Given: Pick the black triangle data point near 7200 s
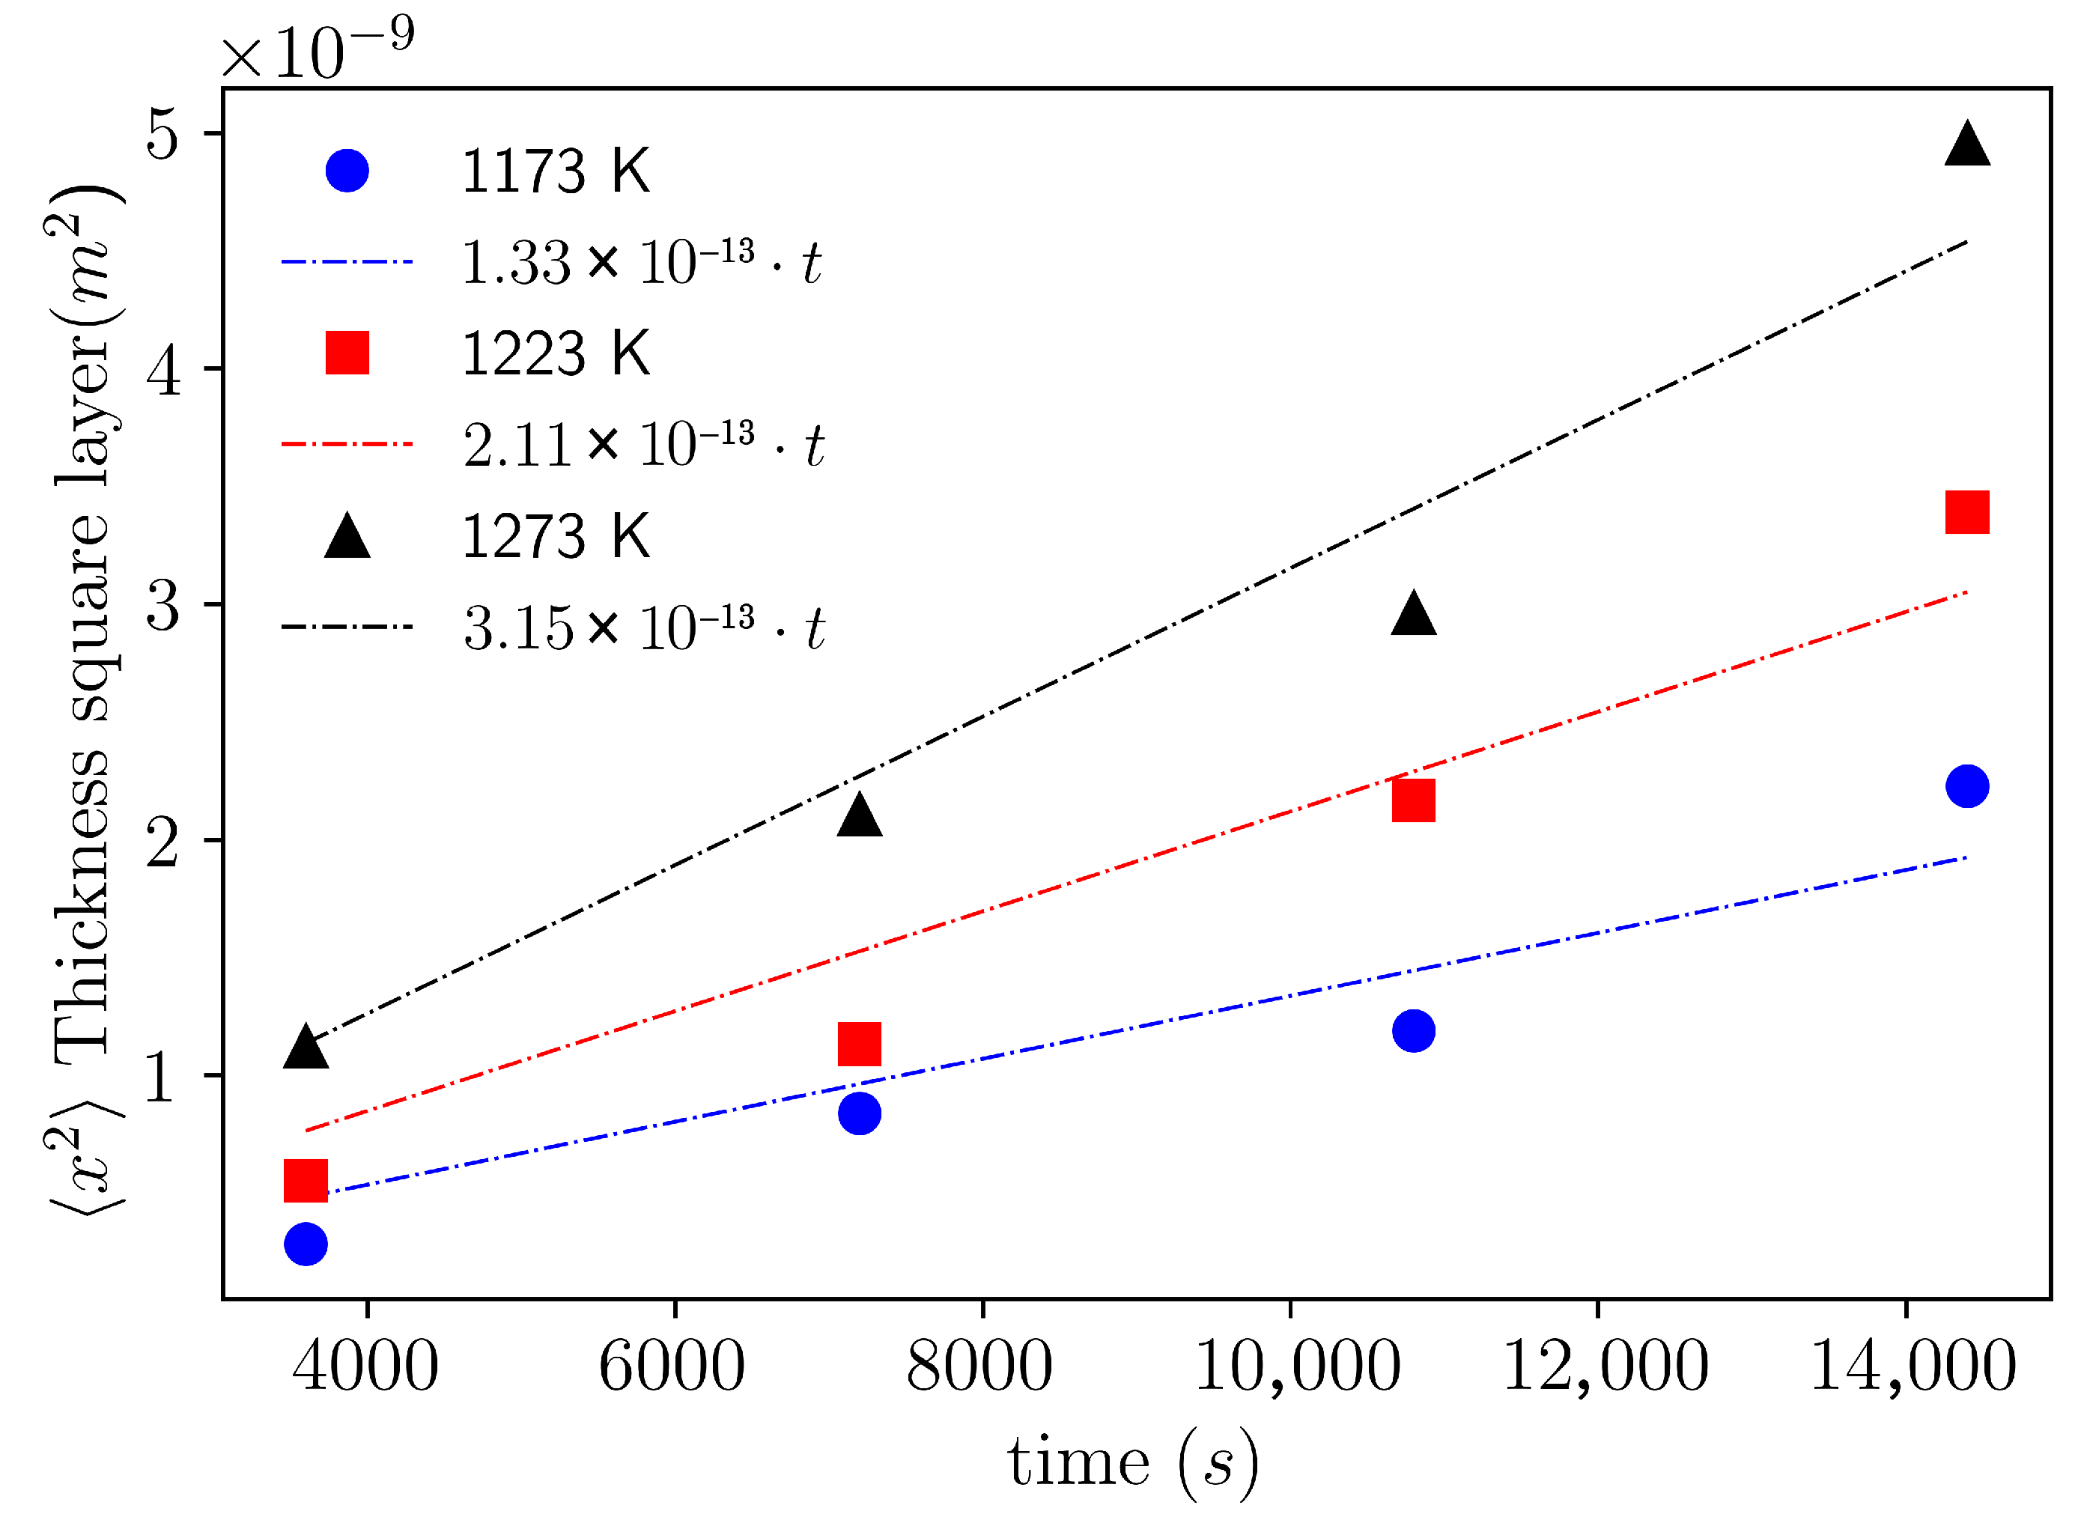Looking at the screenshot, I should click(x=859, y=815).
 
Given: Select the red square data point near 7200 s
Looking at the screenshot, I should click(x=859, y=1044).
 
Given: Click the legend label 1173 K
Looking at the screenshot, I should click(x=555, y=171).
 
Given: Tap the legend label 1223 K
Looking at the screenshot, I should click(x=555, y=354).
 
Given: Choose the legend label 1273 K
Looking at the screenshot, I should click(x=555, y=537).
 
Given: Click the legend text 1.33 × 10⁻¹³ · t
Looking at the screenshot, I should click(x=641, y=263).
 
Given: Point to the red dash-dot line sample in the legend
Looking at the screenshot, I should click(x=347, y=444).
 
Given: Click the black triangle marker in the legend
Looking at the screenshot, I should click(x=347, y=538).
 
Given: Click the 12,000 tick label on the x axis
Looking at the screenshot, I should click(x=1605, y=1367).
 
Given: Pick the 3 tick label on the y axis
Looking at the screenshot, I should click(x=163, y=606).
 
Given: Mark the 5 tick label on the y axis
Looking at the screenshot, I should click(x=163, y=135).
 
